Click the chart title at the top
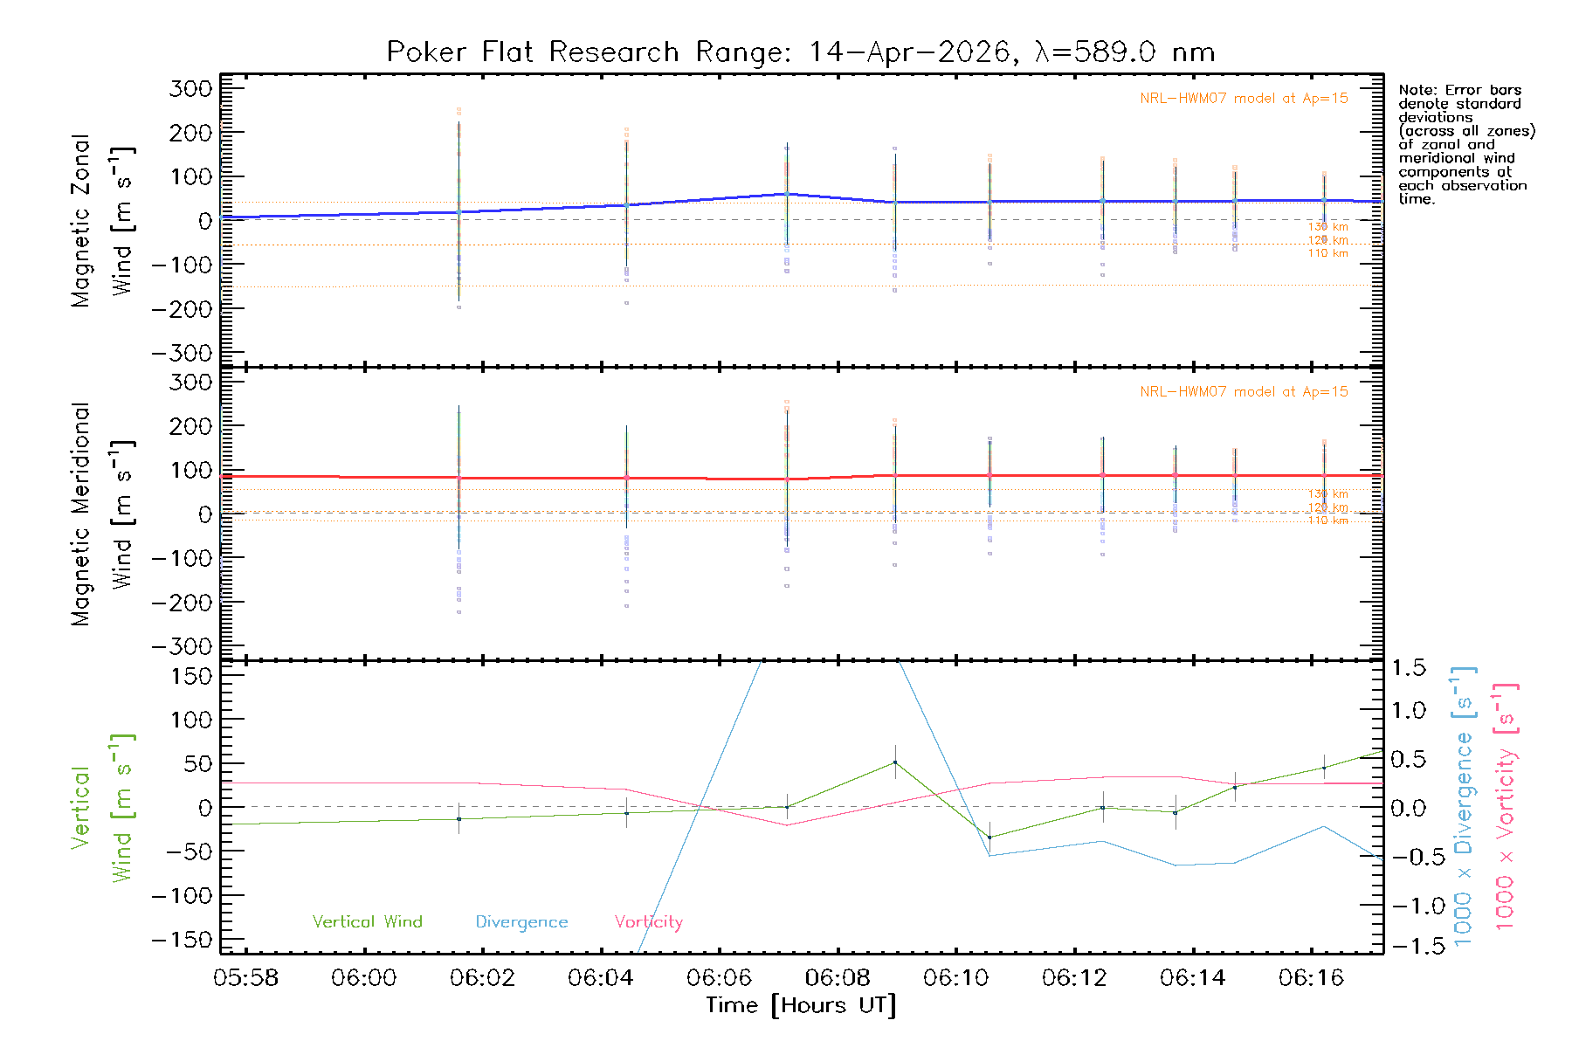pos(800,52)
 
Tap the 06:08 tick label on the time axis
pos(838,978)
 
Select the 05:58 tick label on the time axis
pos(245,978)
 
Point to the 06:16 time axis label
pos(1311,978)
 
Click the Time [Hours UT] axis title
pos(801,1005)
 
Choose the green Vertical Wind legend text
pos(367,921)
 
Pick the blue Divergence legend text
pos(521,921)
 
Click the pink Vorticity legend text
pos(648,921)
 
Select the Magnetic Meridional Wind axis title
pos(101,514)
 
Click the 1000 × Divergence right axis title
pos(1464,805)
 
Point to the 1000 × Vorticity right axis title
pos(1506,805)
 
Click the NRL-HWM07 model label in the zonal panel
pos(1244,99)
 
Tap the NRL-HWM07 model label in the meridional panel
pos(1244,392)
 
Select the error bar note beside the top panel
pos(1465,144)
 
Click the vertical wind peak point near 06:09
pos(895,762)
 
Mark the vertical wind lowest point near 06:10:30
pos(989,838)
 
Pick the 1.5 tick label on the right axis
pos(1408,668)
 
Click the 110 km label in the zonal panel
pos(1327,253)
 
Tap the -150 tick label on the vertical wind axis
pos(182,940)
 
